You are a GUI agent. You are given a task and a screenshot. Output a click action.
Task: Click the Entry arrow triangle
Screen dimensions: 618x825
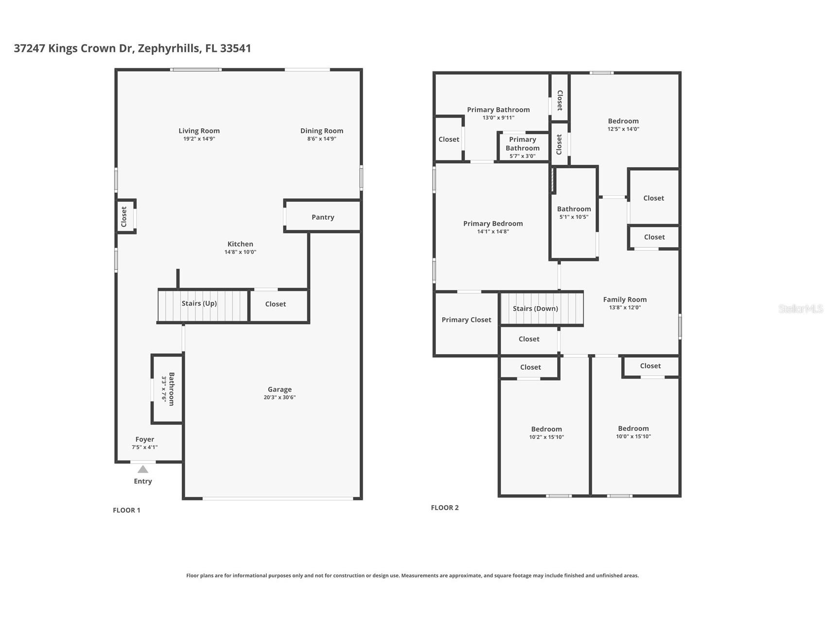(x=142, y=469)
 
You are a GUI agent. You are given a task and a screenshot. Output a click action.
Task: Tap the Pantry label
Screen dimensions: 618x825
(x=323, y=217)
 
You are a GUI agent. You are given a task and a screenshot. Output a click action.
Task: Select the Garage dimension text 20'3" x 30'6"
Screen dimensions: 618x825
(x=280, y=397)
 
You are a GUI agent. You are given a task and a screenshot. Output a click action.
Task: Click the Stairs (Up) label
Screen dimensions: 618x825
(x=199, y=303)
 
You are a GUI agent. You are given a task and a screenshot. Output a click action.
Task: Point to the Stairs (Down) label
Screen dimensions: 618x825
(x=535, y=309)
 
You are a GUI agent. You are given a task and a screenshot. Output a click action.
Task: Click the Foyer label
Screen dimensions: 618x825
(x=145, y=439)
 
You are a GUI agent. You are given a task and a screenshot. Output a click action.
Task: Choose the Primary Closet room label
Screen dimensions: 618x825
(x=466, y=320)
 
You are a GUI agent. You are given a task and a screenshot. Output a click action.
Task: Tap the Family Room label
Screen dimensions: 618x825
(x=625, y=300)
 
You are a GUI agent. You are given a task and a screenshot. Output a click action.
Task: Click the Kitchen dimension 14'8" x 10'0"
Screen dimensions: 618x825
(x=240, y=252)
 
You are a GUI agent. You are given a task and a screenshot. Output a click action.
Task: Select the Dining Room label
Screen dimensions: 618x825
(x=322, y=131)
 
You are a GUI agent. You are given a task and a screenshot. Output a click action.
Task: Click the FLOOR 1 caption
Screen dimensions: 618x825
(x=126, y=510)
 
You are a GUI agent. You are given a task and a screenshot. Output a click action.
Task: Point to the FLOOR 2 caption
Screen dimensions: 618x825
(x=445, y=508)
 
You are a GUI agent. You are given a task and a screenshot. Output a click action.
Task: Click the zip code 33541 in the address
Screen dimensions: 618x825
(x=236, y=48)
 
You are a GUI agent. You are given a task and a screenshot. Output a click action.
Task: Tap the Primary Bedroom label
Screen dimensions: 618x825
(x=493, y=223)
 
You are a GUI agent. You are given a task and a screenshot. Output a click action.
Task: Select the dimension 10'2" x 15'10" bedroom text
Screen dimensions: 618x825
(x=546, y=437)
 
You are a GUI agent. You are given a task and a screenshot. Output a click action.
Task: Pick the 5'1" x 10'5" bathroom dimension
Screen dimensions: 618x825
(x=574, y=217)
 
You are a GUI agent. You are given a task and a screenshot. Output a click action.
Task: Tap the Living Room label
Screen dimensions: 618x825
(x=199, y=131)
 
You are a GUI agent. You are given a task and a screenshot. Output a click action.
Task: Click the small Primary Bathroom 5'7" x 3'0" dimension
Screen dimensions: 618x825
(x=522, y=156)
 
